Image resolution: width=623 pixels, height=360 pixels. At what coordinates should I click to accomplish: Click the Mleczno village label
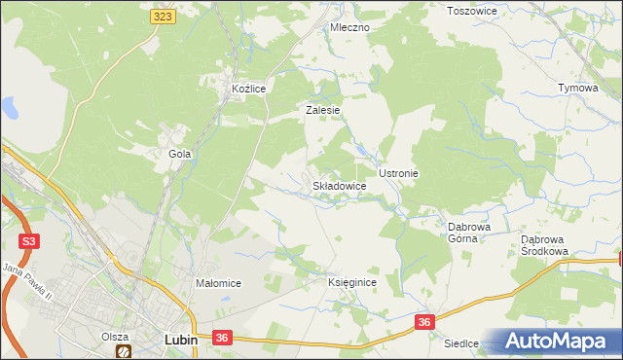(x=350, y=28)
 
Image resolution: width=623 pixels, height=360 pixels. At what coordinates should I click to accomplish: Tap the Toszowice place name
(x=471, y=11)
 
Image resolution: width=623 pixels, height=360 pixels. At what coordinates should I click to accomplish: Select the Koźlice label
(x=249, y=89)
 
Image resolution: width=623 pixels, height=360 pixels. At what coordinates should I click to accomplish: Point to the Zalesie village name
(x=322, y=111)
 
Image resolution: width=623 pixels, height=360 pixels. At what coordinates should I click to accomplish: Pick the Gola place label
(x=179, y=154)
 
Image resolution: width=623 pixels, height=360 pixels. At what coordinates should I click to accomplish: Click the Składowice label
(x=339, y=185)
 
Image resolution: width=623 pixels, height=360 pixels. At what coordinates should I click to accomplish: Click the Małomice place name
(x=218, y=283)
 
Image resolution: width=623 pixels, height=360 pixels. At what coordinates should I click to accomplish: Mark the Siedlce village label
(x=463, y=343)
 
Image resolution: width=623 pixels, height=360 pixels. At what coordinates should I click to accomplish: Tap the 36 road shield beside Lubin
(x=222, y=338)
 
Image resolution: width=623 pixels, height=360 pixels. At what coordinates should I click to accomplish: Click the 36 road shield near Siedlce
(x=423, y=321)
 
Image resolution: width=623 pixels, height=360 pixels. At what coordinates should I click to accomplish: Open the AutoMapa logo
(x=559, y=341)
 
